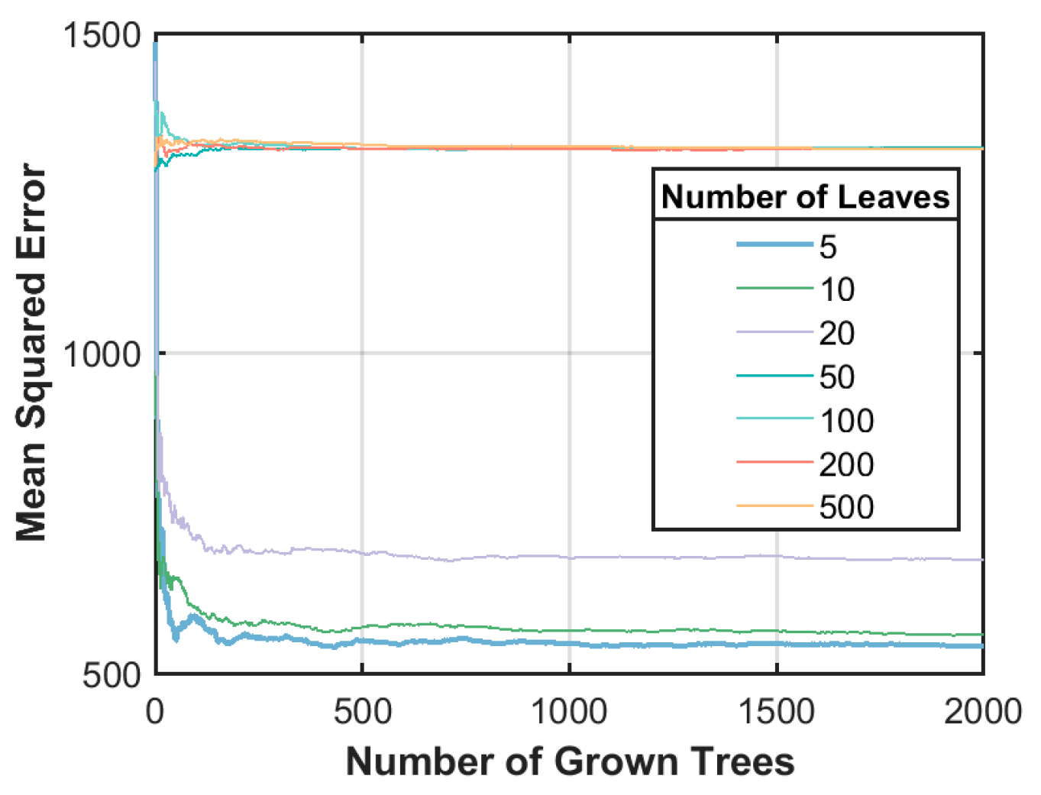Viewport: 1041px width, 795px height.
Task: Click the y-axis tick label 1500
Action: pos(102,36)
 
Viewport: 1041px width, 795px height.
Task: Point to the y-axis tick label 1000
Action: pos(102,354)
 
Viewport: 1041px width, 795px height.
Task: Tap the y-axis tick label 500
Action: pos(112,674)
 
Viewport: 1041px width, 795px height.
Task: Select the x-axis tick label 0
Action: pos(155,712)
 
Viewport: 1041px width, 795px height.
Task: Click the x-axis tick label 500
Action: pos(362,712)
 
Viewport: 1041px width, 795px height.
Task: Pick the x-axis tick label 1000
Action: pos(569,712)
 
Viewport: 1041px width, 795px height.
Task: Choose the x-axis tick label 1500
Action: pos(777,712)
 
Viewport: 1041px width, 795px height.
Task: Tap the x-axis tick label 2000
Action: pos(982,712)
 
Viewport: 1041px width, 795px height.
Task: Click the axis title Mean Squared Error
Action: pos(32,353)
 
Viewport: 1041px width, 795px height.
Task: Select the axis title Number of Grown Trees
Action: pos(570,762)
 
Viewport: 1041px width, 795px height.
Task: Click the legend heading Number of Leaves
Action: pos(805,197)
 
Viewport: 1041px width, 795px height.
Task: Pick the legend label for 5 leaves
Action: pos(828,247)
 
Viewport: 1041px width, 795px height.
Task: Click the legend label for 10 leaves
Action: pos(837,290)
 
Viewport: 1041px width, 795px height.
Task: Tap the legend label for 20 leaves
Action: pos(837,334)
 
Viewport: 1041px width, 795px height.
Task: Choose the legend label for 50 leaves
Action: pos(837,377)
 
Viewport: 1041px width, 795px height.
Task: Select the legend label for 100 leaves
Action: pos(846,421)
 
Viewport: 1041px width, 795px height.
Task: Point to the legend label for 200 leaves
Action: pos(846,464)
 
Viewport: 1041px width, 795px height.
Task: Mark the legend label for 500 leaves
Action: pos(846,507)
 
